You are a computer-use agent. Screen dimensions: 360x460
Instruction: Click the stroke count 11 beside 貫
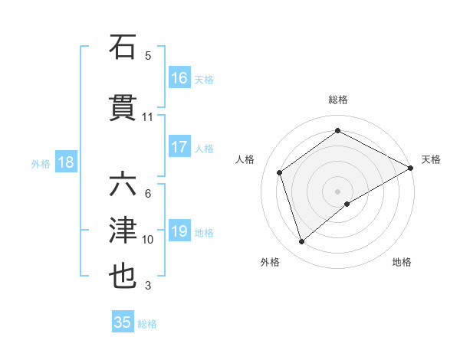click(147, 117)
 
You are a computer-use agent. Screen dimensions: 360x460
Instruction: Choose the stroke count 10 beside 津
click(148, 240)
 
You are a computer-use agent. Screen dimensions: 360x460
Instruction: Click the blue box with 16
click(179, 78)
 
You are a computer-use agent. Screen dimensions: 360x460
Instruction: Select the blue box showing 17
click(179, 148)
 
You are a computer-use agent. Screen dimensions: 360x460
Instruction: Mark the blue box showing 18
click(65, 162)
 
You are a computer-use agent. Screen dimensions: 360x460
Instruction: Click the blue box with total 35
click(123, 322)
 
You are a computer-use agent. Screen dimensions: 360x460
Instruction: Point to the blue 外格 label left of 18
click(41, 163)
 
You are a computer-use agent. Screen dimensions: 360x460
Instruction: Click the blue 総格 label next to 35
click(147, 324)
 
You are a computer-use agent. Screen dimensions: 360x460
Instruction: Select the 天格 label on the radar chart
click(431, 159)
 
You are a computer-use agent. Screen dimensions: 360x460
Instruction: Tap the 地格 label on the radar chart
click(402, 262)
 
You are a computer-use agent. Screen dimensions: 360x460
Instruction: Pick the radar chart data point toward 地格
click(347, 204)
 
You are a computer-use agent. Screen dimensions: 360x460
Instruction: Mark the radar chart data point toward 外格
click(301, 243)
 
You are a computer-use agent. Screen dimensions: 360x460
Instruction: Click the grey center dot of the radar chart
click(337, 190)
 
